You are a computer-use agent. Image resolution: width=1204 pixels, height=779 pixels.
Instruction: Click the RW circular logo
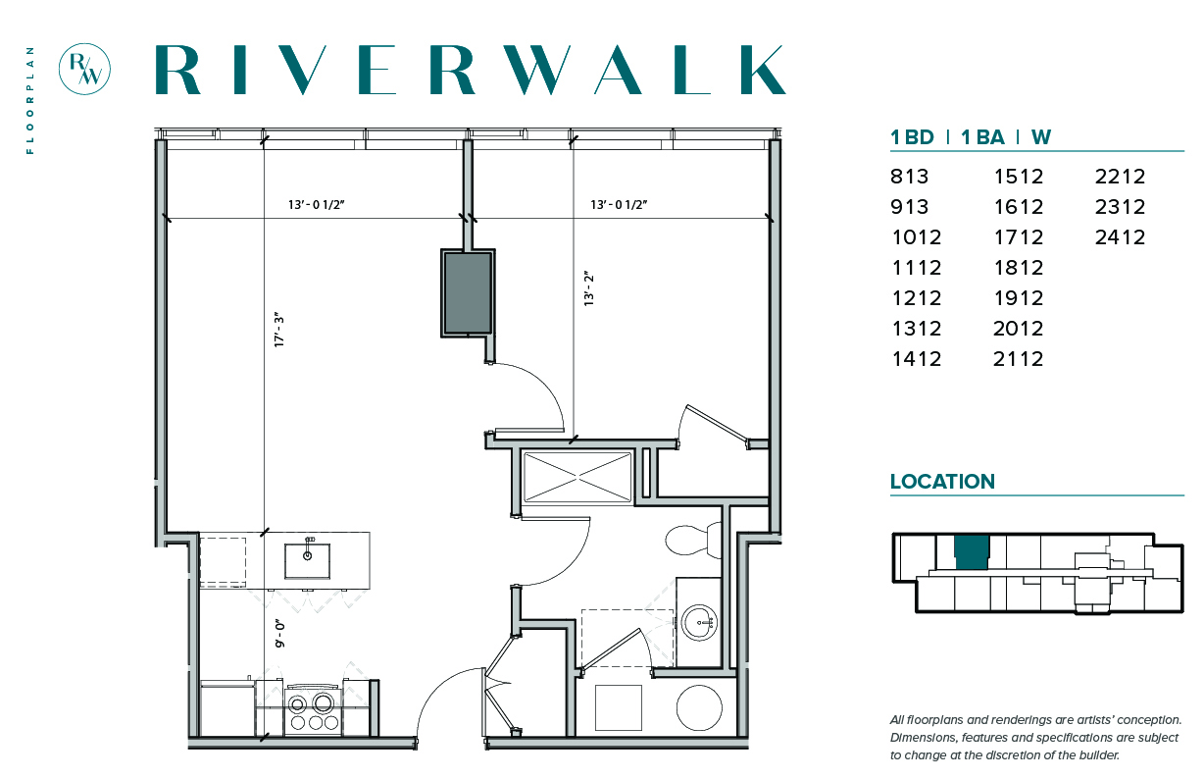84,70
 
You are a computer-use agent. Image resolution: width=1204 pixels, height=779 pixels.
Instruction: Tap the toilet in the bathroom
693,539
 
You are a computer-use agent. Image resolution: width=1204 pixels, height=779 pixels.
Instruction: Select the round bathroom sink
699,622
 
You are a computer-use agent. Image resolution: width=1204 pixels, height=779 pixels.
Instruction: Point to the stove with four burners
314,710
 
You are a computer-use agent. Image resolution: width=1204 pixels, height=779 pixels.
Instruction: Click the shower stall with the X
577,477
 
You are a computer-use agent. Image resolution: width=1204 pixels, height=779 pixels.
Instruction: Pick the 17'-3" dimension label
278,330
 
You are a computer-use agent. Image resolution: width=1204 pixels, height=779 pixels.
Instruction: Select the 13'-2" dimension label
589,288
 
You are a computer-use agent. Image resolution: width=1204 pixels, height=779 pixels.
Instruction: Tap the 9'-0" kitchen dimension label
279,634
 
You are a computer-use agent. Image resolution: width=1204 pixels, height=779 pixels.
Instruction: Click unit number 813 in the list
909,177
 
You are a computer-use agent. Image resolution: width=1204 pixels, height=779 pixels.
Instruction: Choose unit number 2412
1120,237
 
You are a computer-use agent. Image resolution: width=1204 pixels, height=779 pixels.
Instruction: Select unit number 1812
1019,268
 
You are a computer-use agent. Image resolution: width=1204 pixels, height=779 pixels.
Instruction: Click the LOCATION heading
942,482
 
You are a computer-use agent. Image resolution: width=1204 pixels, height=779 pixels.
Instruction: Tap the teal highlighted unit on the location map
972,552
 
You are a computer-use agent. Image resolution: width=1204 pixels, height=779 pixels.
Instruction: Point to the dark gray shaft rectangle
468,293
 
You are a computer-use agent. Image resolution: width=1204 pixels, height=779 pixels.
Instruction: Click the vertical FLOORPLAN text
30,100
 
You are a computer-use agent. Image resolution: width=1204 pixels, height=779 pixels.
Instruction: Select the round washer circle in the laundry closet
699,707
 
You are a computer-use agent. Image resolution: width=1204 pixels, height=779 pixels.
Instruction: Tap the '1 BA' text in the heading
982,137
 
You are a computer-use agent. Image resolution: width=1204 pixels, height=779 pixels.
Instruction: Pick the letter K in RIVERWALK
763,70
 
